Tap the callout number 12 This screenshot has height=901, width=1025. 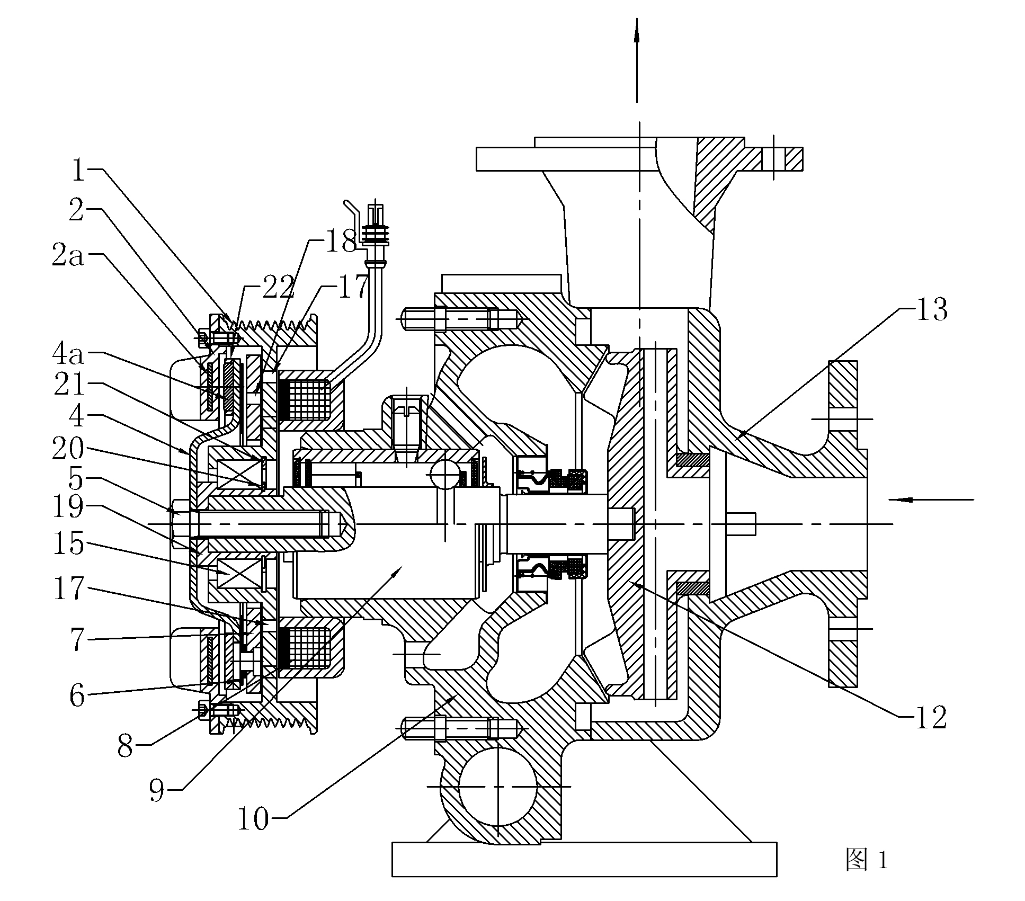point(931,718)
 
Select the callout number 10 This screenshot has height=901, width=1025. point(253,819)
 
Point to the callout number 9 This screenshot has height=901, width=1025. point(157,791)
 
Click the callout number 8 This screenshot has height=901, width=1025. point(125,745)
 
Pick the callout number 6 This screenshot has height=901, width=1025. point(77,695)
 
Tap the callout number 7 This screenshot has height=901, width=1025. point(77,639)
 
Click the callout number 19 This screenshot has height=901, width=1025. point(68,507)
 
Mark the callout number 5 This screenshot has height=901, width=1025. point(77,479)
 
